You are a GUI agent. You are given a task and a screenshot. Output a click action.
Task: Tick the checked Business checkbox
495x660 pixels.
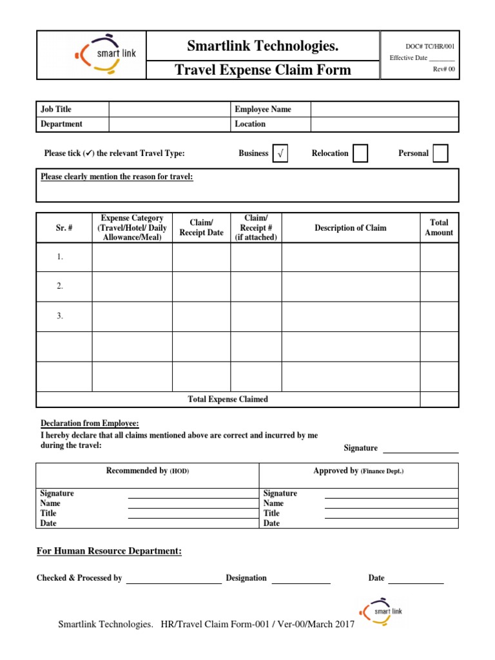point(280,153)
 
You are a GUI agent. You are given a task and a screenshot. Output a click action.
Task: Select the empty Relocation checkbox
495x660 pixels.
point(360,153)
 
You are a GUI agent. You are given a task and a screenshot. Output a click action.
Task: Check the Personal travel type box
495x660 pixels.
point(440,153)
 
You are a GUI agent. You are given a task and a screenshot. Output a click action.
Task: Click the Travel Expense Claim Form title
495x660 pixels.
point(263,70)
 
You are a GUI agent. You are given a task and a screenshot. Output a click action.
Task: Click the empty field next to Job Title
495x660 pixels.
point(170,110)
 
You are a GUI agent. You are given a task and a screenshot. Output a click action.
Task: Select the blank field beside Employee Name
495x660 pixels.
point(384,110)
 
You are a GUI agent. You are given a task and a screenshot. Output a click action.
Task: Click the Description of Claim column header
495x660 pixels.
point(351,228)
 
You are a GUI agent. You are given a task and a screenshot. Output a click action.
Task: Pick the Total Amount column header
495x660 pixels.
point(439,228)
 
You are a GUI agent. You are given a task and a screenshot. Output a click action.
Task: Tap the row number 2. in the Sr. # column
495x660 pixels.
point(60,286)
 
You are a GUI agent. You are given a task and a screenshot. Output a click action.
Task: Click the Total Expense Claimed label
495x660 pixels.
point(228,400)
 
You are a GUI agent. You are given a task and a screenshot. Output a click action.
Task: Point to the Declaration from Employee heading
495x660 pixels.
point(90,423)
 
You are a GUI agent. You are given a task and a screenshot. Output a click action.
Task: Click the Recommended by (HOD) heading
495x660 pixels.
point(148,471)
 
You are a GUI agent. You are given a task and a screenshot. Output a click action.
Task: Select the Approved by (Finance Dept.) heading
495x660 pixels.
point(358,471)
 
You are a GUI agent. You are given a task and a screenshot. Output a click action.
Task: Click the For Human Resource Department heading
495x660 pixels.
point(109,552)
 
